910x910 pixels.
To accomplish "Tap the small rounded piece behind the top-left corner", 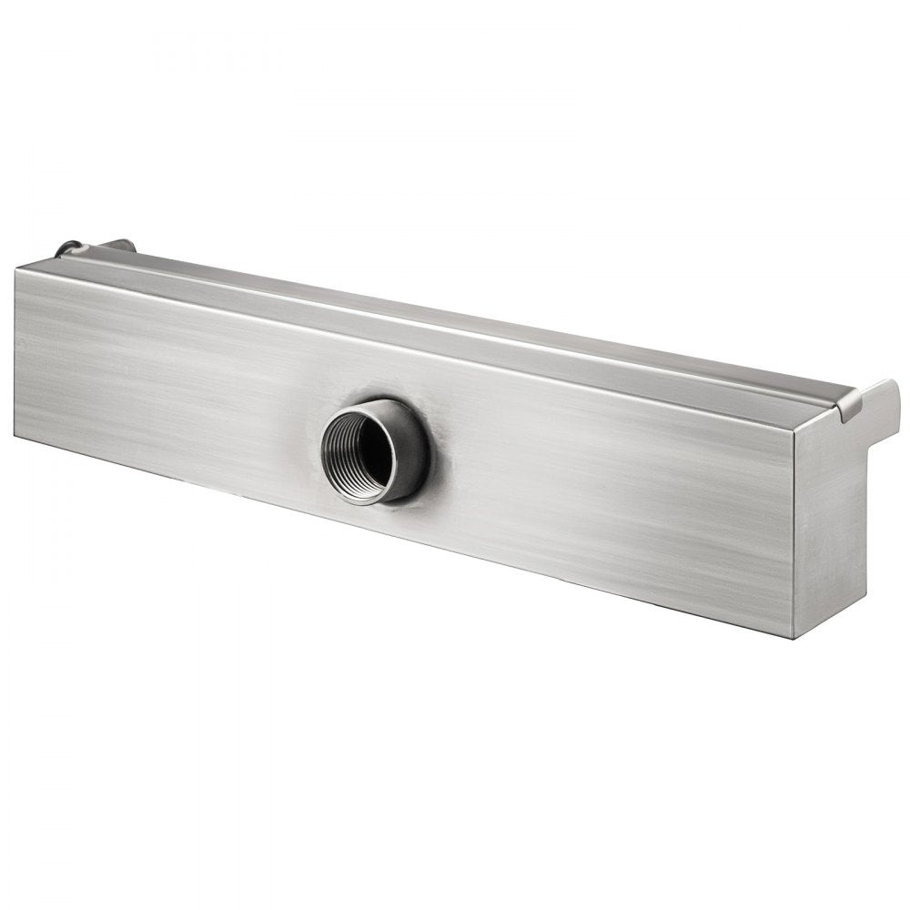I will click(x=69, y=248).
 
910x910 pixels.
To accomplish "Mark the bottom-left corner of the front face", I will click(x=15, y=434).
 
